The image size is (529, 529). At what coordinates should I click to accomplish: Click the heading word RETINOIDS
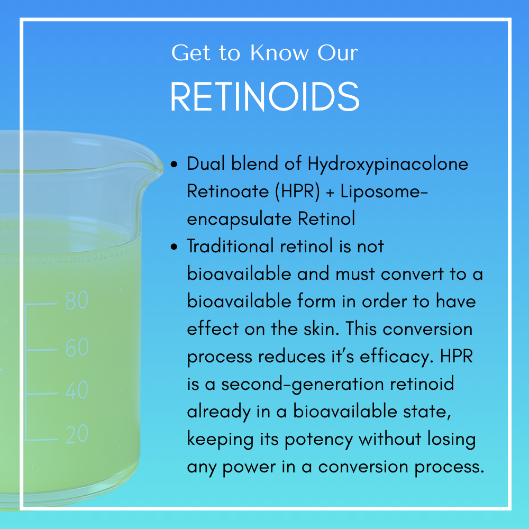264,96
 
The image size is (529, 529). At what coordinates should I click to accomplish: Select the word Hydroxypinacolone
388,164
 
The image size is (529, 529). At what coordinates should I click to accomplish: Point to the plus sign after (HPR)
330,192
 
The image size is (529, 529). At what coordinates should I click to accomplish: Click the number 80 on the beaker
77,300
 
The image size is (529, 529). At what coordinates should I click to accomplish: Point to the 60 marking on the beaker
77,348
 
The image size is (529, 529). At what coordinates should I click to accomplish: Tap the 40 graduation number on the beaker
77,391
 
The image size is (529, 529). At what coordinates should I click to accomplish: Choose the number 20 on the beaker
77,434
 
